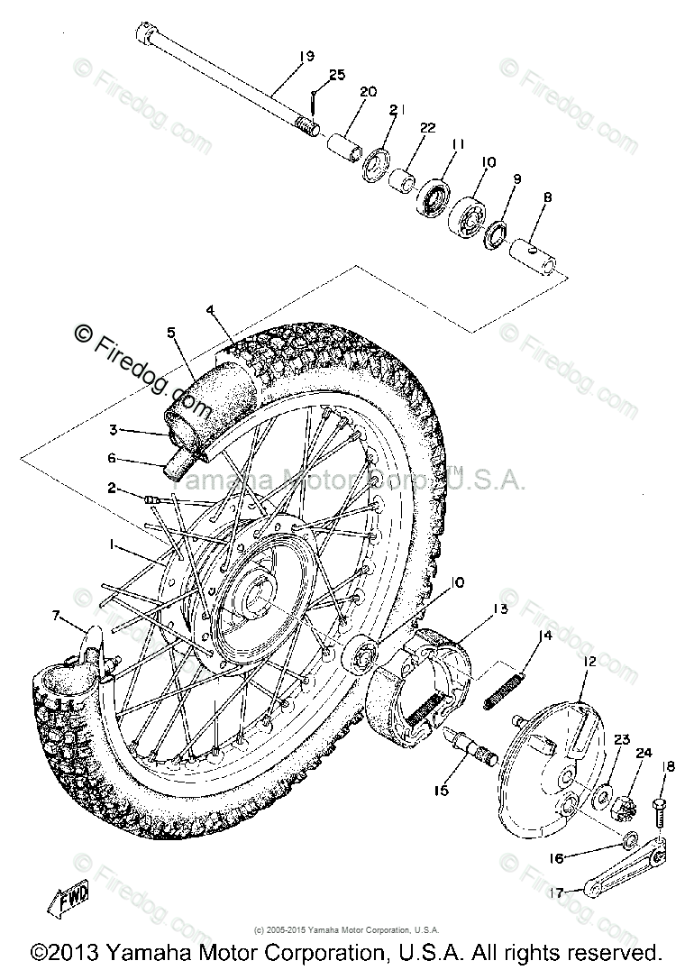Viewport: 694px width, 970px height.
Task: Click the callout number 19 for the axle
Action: tap(306, 56)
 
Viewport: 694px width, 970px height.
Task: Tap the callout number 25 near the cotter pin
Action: tap(337, 75)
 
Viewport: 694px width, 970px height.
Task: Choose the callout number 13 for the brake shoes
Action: tap(500, 610)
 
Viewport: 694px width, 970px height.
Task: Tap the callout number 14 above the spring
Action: tap(544, 636)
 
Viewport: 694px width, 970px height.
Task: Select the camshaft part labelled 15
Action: tap(472, 743)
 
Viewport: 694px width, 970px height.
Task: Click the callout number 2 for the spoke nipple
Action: tap(112, 489)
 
